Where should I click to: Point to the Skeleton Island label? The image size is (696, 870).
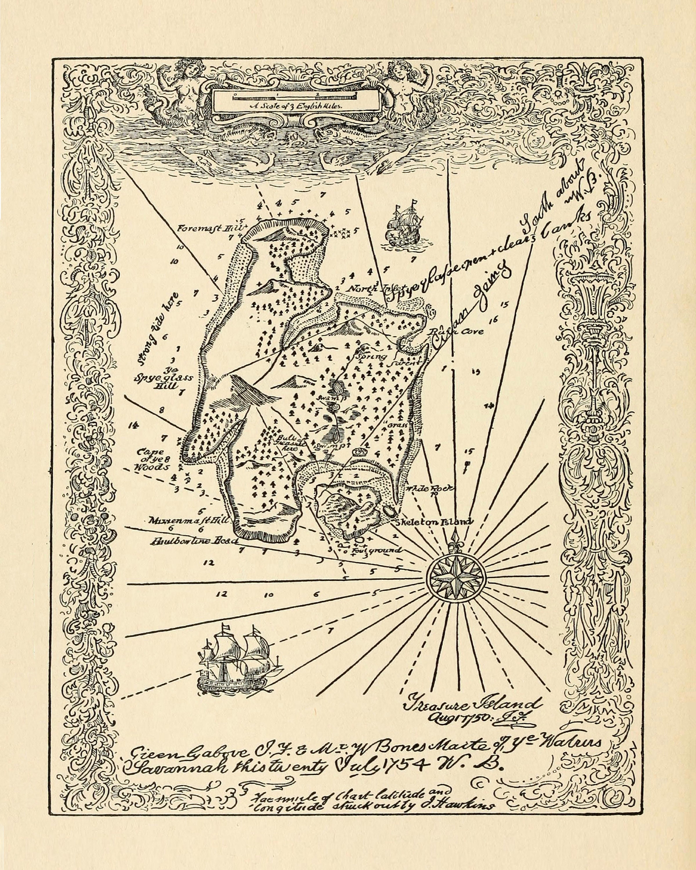(x=434, y=522)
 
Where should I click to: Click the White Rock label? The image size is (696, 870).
(x=432, y=489)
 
